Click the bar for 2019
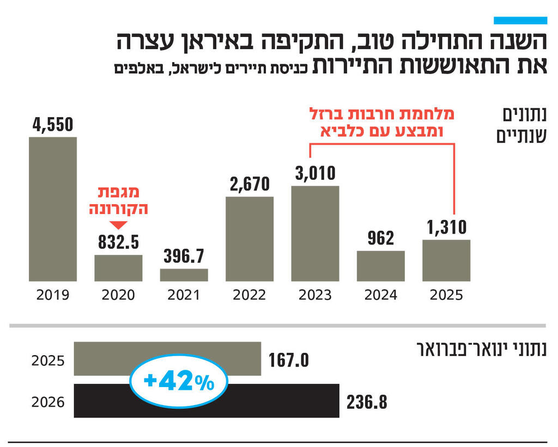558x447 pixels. (x=53, y=209)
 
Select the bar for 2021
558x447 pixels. (x=184, y=275)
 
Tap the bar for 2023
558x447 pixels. (x=315, y=234)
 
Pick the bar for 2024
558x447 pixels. (x=380, y=266)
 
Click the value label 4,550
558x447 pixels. (x=52, y=125)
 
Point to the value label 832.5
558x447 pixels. (x=118, y=243)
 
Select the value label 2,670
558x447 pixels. (x=250, y=184)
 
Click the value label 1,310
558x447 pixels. (x=446, y=228)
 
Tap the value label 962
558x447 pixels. (x=380, y=238)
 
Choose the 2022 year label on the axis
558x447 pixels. (x=250, y=295)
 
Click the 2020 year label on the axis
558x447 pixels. (x=118, y=295)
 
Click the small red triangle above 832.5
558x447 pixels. (x=118, y=225)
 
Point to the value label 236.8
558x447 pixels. (x=367, y=402)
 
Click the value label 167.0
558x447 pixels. (x=289, y=360)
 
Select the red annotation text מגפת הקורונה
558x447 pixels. (x=119, y=200)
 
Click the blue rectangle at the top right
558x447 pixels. (x=520, y=20)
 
